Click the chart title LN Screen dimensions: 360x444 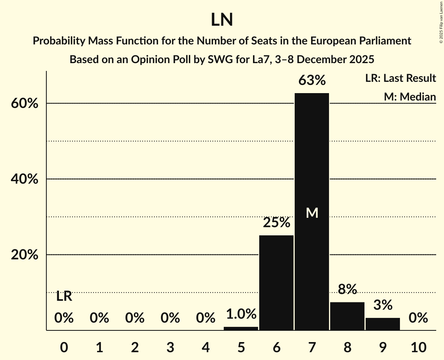[222, 20]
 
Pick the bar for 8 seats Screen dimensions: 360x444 [347, 316]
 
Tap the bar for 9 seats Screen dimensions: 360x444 [383, 324]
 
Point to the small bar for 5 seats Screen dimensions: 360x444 [241, 328]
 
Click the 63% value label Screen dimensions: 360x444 [312, 81]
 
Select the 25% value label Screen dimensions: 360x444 [276, 223]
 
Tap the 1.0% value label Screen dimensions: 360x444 [241, 314]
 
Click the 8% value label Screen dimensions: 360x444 [347, 289]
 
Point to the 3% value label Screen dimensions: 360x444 [383, 305]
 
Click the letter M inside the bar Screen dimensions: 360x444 [312, 213]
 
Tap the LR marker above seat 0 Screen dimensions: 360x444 [64, 296]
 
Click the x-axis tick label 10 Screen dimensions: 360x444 [418, 346]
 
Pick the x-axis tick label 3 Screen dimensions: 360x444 [170, 346]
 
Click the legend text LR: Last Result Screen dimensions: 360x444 [400, 78]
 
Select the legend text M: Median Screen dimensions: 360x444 [410, 97]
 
